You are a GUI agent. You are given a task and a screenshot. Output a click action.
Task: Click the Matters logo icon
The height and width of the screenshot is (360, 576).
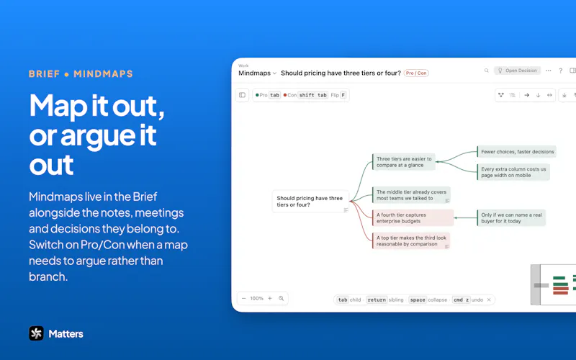click(37, 333)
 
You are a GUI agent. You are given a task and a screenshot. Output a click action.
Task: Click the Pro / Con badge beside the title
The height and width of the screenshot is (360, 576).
click(416, 73)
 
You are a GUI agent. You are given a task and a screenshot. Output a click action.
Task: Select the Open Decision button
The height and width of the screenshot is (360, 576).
click(517, 71)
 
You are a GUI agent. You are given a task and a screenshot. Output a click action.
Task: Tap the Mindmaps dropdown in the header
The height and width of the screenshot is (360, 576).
click(257, 73)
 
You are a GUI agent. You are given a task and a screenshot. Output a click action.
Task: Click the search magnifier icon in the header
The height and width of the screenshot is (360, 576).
click(487, 71)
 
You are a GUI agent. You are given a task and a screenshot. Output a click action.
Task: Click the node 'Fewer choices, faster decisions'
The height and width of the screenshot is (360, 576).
click(517, 152)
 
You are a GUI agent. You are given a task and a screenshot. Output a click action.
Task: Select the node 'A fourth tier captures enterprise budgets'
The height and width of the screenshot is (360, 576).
click(413, 218)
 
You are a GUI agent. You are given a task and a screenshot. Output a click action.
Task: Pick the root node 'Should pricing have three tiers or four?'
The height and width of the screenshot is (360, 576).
click(310, 202)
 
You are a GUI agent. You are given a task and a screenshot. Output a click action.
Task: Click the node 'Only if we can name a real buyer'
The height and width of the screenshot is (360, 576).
click(511, 218)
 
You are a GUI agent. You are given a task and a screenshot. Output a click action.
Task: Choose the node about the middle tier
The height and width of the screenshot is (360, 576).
click(411, 195)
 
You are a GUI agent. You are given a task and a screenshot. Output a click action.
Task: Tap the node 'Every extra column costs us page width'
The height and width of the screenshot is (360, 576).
click(513, 172)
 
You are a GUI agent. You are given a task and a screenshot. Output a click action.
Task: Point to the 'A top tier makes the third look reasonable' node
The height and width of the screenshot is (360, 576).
click(411, 240)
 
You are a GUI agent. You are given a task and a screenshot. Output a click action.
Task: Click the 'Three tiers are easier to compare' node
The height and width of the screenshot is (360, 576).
click(404, 162)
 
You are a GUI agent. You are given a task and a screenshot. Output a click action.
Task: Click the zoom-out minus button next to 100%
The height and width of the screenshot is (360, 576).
click(243, 298)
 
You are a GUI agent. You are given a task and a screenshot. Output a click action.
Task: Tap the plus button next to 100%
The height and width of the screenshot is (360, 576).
click(270, 298)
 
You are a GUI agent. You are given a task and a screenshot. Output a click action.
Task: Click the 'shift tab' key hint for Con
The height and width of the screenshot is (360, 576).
click(312, 95)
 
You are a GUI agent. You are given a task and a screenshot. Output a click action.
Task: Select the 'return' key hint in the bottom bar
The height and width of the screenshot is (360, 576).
click(377, 300)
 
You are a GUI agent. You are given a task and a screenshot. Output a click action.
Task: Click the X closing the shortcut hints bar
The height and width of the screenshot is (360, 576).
click(489, 300)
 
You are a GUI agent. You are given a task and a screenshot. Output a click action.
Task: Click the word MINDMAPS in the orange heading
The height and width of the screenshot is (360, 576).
click(103, 74)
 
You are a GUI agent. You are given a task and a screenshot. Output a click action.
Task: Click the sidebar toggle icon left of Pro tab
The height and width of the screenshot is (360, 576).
click(242, 95)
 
